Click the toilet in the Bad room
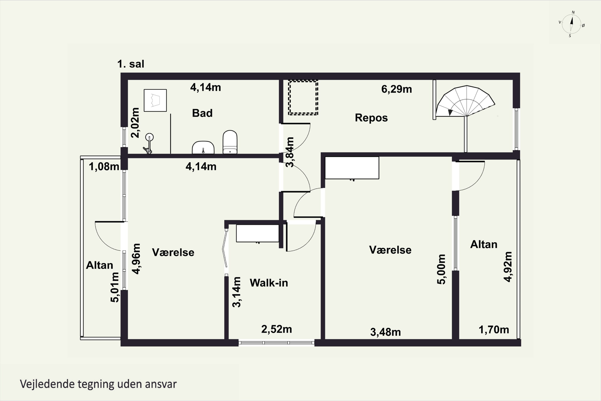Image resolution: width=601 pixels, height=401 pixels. (230, 142)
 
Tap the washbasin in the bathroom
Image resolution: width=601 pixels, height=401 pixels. (203, 148)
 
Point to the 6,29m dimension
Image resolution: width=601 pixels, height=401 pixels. (397, 89)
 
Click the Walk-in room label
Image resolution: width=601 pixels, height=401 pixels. (269, 283)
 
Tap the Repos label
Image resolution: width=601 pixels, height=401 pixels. (371, 118)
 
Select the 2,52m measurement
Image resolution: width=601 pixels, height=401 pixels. (276, 329)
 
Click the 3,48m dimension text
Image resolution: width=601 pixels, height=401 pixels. (386, 332)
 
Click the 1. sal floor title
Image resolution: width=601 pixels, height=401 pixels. (131, 64)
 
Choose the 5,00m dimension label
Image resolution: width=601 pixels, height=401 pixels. (441, 269)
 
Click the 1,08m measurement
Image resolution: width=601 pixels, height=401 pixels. (104, 166)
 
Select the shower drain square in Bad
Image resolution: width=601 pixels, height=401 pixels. (155, 100)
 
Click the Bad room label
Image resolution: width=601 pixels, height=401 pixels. (202, 113)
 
